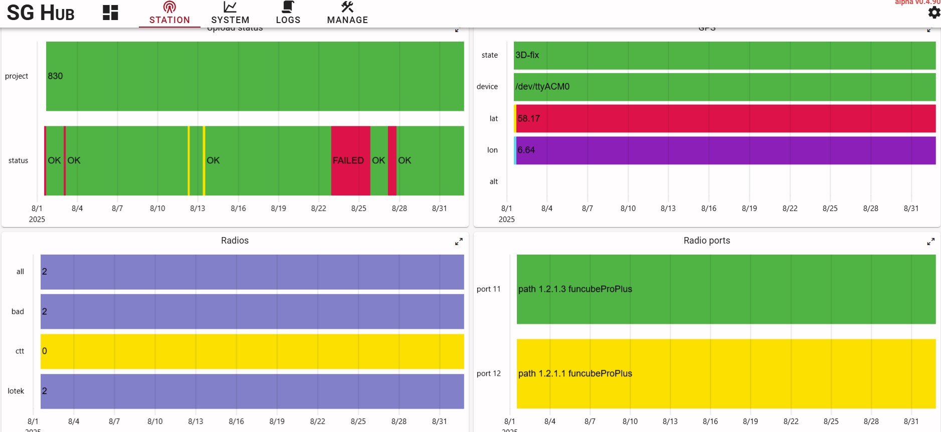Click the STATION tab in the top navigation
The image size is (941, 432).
coord(169,14)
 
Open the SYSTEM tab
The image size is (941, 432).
coord(230,14)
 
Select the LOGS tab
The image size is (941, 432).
coord(288,14)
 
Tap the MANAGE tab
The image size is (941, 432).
coord(347,14)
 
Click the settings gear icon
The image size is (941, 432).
coord(934,13)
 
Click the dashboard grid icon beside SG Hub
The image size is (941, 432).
coord(110,13)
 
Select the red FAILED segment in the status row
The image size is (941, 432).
coord(350,160)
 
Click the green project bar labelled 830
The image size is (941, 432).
coord(255,76)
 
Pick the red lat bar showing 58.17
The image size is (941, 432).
coord(725,119)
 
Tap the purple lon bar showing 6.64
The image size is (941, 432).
coord(725,150)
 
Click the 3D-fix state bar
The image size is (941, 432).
coord(725,55)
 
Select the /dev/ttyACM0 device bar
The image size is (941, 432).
coord(725,87)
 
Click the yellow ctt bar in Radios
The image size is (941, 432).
coord(252,351)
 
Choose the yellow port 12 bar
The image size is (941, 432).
coord(726,374)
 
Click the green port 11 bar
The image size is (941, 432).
coord(726,289)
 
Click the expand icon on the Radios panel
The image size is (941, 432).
coord(459,242)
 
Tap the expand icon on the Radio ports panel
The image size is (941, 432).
coord(931,242)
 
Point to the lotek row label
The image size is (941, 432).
coord(16,391)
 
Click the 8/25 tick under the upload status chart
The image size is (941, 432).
coord(358,208)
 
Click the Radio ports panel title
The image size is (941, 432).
coord(707,241)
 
